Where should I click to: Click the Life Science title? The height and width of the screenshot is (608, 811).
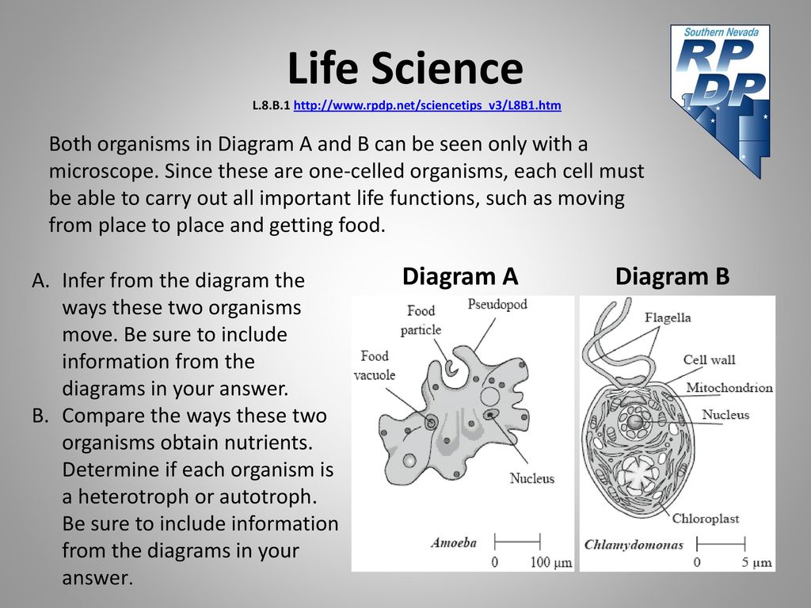[x=405, y=68]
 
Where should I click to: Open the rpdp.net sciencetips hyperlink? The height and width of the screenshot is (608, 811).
[x=427, y=105]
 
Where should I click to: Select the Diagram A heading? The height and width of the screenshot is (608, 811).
[x=460, y=276]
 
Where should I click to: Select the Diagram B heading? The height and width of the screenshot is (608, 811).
[x=672, y=276]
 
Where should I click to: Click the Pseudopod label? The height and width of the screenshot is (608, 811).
[x=497, y=305]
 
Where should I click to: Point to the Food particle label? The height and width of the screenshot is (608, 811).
[x=421, y=320]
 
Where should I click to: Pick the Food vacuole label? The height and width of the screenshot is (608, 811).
[x=375, y=365]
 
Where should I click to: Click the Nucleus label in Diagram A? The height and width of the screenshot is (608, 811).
[x=531, y=478]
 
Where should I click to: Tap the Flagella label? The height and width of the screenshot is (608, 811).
[x=668, y=317]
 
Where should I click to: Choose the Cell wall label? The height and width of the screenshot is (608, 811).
[x=709, y=360]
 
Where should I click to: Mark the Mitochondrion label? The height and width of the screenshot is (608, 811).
[x=729, y=388]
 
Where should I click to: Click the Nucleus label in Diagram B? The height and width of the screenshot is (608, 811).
[x=725, y=415]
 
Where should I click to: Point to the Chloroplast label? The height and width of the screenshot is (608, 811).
[x=706, y=519]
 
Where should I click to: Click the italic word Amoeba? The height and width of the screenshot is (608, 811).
[x=454, y=543]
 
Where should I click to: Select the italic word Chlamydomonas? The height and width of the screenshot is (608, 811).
[x=634, y=545]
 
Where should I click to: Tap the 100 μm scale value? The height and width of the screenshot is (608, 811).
[x=551, y=563]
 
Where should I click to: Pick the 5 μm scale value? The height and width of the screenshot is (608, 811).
[x=756, y=563]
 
